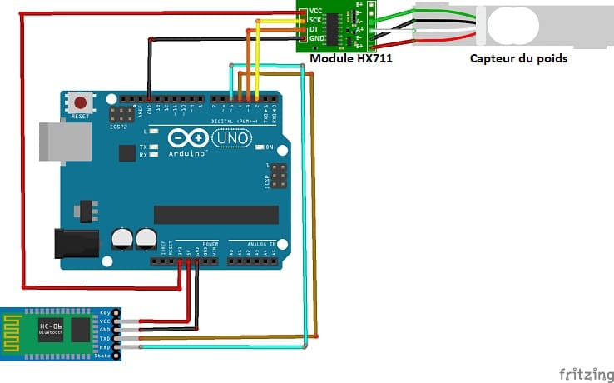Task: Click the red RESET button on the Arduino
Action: click(x=81, y=103)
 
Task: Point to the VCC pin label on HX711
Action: click(x=314, y=10)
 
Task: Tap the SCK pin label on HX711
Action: click(x=314, y=19)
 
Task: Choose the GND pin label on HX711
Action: click(x=314, y=38)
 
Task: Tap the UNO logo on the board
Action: click(x=230, y=138)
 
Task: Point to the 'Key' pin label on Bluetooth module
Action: click(x=105, y=313)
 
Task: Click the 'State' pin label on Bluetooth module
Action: click(x=103, y=356)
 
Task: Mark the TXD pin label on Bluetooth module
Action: click(x=105, y=339)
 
